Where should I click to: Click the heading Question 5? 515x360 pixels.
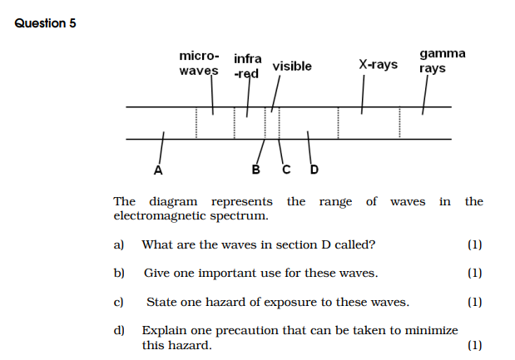tap(46, 23)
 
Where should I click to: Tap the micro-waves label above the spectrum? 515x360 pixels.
tap(199, 63)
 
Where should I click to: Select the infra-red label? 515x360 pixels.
tap(247, 67)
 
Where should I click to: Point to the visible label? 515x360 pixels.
tap(292, 67)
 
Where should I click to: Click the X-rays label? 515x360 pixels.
tap(378, 64)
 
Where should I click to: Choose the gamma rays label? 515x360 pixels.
tap(442, 61)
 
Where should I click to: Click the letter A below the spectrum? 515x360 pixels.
tap(158, 171)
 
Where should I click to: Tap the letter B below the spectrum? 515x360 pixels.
tap(255, 171)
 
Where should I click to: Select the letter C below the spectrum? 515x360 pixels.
tap(286, 171)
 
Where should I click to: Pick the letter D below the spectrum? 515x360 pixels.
tap(314, 171)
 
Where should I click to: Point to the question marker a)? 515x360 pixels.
tap(118, 244)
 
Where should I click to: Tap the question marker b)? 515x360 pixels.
tap(118, 273)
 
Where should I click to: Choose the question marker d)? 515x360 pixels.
tap(118, 330)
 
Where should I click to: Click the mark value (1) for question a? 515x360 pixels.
tap(474, 244)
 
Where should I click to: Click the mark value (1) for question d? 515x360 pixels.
tap(474, 345)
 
